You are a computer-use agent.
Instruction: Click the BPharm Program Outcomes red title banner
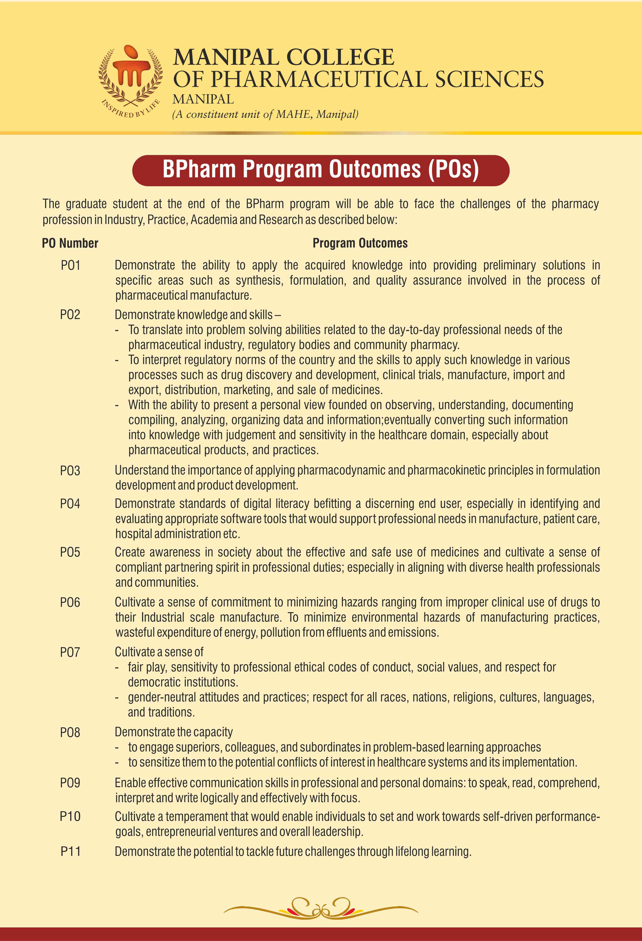[x=321, y=170]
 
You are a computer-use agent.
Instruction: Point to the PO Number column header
[x=70, y=243]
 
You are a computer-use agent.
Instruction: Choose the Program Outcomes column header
[x=360, y=243]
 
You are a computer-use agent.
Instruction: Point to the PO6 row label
[x=70, y=603]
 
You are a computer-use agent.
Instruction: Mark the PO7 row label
[x=70, y=652]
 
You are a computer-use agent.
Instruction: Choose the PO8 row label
[x=70, y=733]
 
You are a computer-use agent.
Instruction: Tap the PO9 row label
[x=70, y=783]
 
